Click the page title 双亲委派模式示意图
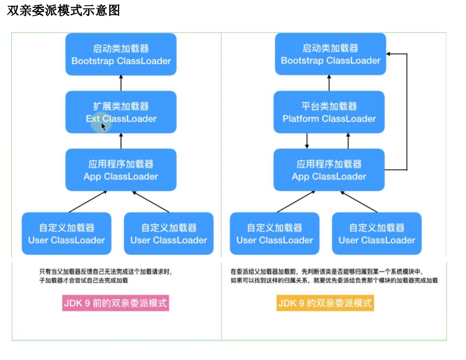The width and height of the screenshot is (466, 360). point(63,10)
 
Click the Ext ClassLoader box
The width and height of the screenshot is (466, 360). point(121,112)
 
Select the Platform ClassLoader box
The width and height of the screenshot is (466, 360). point(329,112)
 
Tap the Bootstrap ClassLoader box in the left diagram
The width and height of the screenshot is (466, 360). point(121,54)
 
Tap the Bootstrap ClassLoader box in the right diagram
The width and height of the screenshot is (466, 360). point(330,54)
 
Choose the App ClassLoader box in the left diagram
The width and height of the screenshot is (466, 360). point(121,170)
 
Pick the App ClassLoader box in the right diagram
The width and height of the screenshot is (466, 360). point(329,170)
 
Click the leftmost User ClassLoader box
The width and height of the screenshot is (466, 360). point(67,234)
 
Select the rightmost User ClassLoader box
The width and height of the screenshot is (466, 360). point(377,234)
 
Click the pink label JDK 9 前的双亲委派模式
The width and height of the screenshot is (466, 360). point(116,303)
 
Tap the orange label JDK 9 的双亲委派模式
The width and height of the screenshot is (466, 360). point(325,303)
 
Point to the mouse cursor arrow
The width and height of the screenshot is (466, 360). point(103,126)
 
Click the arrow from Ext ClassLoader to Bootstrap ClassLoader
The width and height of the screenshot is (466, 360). point(121,83)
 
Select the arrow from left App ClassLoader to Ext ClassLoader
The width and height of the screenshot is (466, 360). point(121,141)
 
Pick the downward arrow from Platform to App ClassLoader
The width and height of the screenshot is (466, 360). point(307,141)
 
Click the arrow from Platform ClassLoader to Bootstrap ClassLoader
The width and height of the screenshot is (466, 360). point(329,83)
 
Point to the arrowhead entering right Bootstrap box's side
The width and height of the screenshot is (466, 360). point(388,54)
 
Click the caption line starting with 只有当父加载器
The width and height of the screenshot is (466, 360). point(105,271)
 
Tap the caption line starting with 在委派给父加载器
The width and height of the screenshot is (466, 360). point(327,271)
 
